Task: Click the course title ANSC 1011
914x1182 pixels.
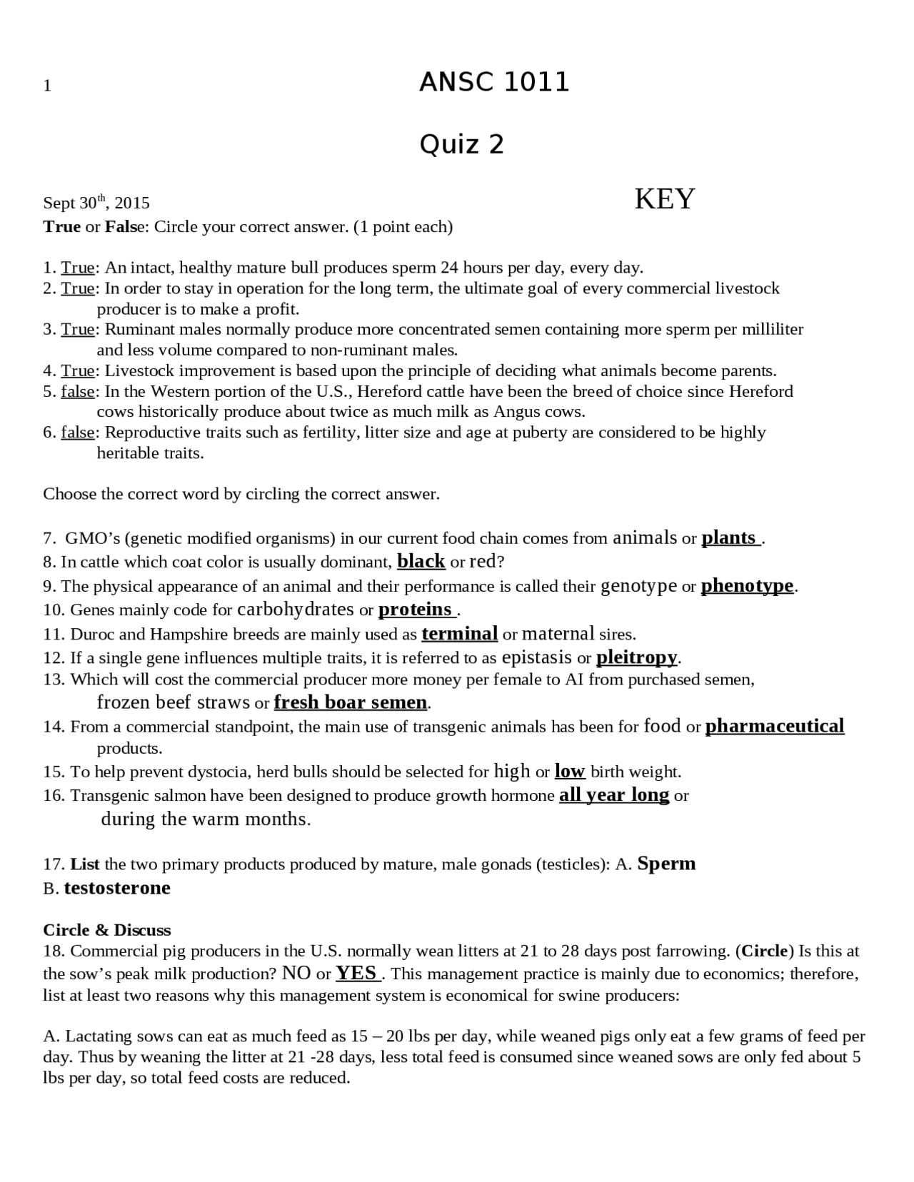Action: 494,83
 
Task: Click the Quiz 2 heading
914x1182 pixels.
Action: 461,145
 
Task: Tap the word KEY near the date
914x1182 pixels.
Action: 664,199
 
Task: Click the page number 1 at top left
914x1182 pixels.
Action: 47,86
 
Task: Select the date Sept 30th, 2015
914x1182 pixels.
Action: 96,203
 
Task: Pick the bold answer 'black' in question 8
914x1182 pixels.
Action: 421,562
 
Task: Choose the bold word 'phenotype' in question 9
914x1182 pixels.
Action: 747,586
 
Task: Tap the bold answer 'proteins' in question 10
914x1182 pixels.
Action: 416,610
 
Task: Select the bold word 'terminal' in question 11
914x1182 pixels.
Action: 459,634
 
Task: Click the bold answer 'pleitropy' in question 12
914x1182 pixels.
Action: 636,657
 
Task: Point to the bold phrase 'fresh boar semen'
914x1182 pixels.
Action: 351,703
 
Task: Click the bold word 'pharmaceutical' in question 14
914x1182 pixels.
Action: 775,727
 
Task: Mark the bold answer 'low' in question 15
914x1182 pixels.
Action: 570,772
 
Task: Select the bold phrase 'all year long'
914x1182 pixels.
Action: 614,795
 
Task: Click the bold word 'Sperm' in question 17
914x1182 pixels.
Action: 666,864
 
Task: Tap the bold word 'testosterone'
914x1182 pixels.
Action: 117,888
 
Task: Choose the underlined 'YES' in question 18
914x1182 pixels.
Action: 357,974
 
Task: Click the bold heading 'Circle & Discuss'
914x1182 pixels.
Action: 107,930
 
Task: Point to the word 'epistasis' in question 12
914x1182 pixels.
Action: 537,657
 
